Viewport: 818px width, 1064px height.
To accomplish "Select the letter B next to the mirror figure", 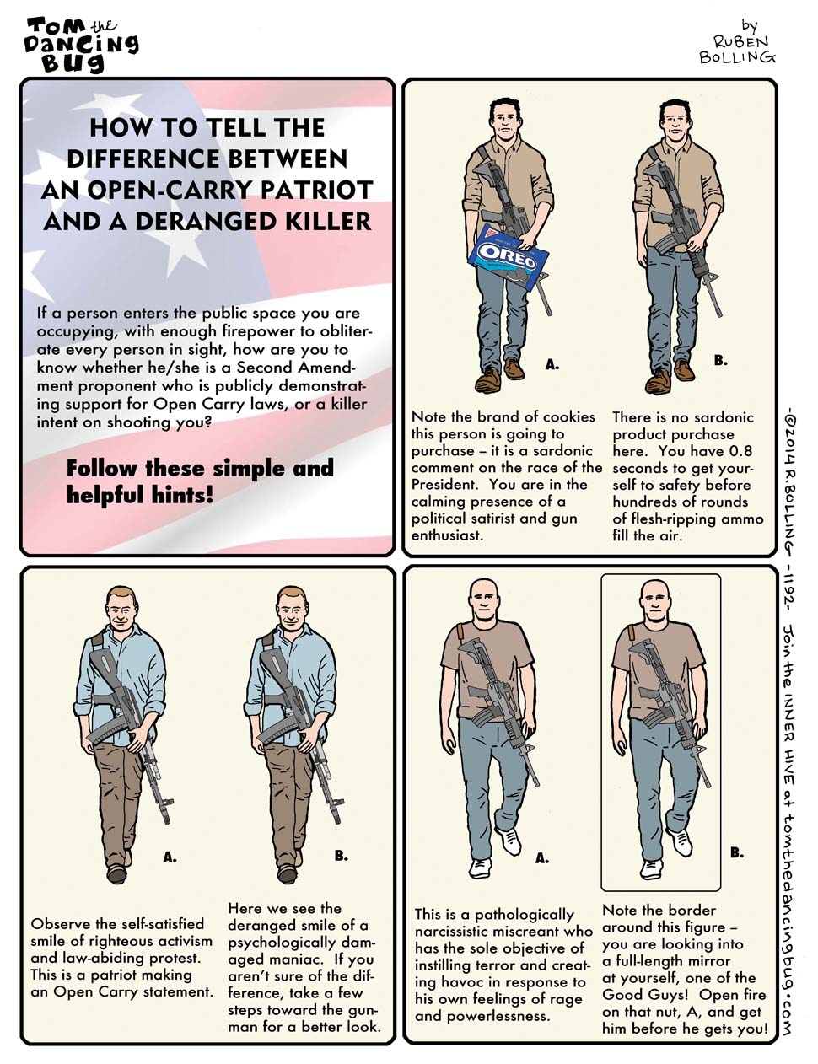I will (736, 852).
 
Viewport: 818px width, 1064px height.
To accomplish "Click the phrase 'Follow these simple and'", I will (200, 468).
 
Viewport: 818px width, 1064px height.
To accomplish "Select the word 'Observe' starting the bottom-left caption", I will (60, 924).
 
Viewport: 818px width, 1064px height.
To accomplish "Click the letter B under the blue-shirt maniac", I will (341, 855).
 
